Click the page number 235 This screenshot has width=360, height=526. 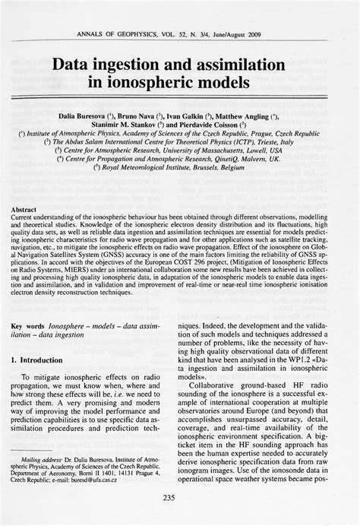coord(180,498)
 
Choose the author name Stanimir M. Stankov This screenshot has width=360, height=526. coord(131,122)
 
